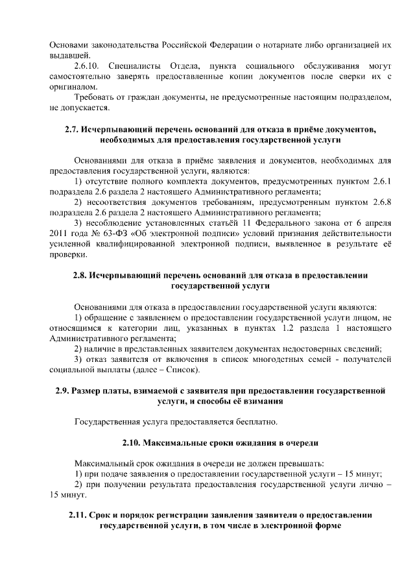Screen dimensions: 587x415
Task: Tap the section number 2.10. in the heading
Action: coord(134,444)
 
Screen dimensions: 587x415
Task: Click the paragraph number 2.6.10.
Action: coord(89,66)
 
